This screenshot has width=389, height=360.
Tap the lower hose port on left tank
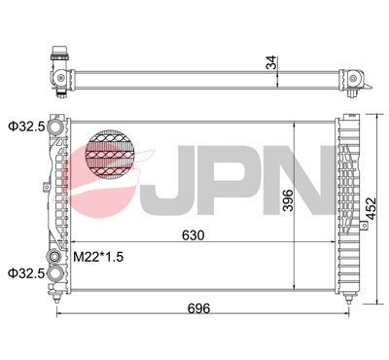coord(56,273)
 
